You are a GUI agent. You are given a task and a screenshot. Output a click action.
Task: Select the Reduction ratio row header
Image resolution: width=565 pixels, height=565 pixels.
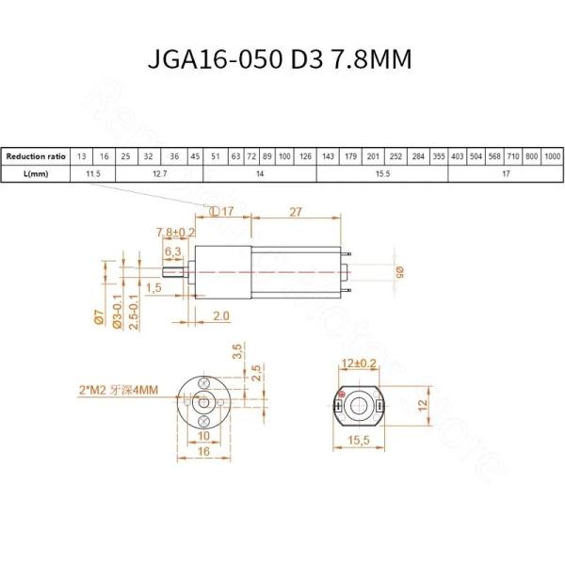pyautogui.click(x=37, y=156)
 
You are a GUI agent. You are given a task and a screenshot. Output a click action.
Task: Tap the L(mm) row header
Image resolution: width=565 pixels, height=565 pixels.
pyautogui.click(x=37, y=174)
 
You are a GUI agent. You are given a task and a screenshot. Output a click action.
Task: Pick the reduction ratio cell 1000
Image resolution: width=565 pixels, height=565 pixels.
pyautogui.click(x=553, y=156)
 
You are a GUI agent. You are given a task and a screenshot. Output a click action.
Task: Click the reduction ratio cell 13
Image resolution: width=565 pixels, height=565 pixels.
pyautogui.click(x=83, y=156)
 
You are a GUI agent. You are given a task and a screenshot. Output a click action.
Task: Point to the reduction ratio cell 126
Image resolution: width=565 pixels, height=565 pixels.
pyautogui.click(x=305, y=156)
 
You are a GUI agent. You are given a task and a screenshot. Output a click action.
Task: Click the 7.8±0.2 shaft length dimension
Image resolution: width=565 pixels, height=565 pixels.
pyautogui.click(x=174, y=232)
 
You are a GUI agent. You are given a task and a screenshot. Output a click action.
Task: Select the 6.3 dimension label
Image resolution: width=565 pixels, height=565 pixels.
pyautogui.click(x=173, y=251)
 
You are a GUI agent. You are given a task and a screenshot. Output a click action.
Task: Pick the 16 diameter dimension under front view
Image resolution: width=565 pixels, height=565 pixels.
pyautogui.click(x=204, y=452)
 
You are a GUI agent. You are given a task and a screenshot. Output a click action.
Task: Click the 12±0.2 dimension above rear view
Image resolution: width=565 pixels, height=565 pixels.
pyautogui.click(x=359, y=363)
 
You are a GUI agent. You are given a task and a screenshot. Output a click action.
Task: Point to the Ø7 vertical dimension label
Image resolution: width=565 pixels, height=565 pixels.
pyautogui.click(x=98, y=318)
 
